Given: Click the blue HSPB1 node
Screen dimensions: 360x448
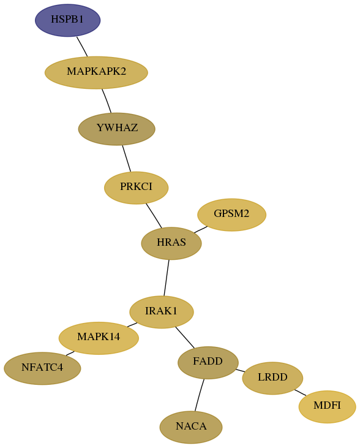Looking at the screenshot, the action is click(68, 20).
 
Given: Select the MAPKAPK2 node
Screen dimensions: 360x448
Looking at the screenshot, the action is click(96, 72).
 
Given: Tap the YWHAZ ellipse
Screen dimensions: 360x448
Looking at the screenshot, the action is click(117, 129).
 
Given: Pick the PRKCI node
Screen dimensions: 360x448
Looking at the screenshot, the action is click(136, 188).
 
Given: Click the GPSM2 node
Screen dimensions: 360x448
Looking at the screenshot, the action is click(232, 215).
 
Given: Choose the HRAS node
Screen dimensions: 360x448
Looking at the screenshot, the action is click(171, 243).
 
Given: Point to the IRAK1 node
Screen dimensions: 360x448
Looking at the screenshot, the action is click(162, 312).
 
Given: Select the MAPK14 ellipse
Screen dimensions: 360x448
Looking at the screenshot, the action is click(99, 338).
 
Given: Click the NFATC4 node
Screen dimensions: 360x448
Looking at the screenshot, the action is click(42, 368).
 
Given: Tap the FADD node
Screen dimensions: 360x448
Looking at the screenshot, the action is click(208, 363).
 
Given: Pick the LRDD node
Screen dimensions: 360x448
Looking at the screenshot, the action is click(272, 378).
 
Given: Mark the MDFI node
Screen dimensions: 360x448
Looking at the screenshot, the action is click(328, 406).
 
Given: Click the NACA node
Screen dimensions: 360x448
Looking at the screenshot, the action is click(191, 427).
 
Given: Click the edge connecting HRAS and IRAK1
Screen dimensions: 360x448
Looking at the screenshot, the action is click(167, 278).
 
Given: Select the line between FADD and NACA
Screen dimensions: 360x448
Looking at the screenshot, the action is click(200, 395).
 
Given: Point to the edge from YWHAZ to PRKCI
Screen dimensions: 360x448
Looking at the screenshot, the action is click(127, 159).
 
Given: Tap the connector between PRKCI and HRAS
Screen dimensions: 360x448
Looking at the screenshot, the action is click(154, 216).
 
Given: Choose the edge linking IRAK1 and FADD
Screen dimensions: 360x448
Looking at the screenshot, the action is click(185, 338).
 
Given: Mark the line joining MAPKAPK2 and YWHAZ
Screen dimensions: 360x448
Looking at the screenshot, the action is click(107, 101).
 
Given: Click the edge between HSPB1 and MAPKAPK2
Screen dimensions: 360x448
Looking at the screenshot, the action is click(82, 47).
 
